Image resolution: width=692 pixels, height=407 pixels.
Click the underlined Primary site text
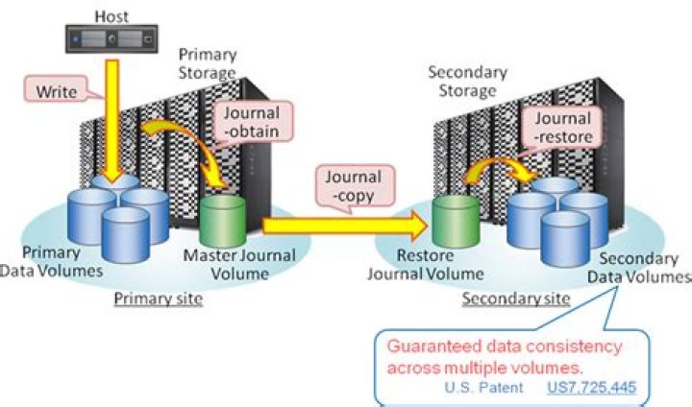point(158,299)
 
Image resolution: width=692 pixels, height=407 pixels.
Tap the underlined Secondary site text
point(515,299)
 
